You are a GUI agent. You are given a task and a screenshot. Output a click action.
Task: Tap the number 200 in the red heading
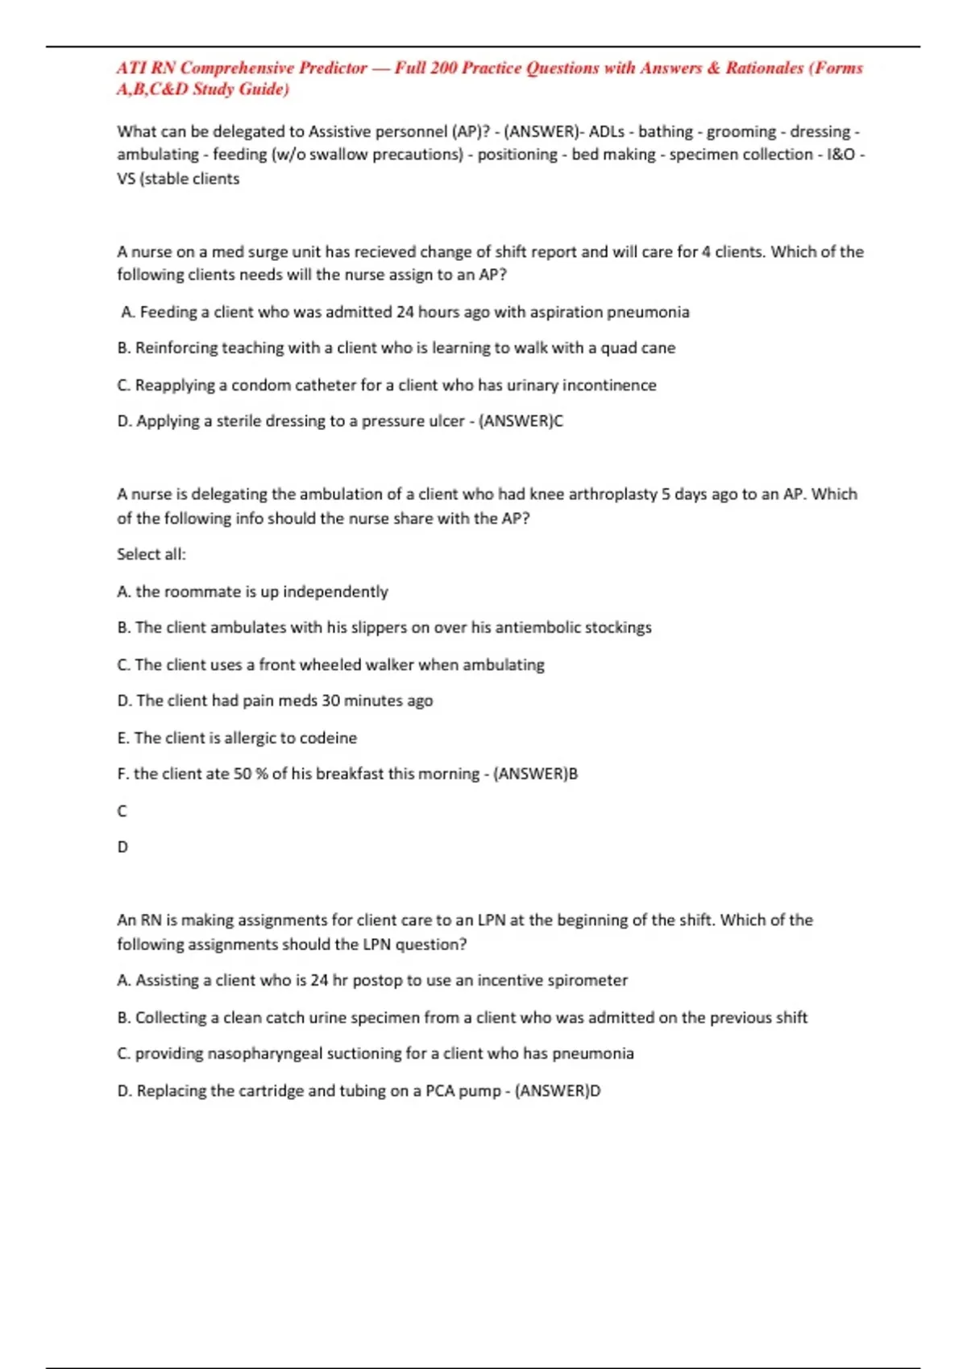443,68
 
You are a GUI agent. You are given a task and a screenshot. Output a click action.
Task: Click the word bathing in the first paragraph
666,131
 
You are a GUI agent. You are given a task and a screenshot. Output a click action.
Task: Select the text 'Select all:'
151,554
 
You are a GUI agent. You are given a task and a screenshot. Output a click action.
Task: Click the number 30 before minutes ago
330,701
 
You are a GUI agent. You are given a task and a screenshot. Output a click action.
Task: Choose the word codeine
328,738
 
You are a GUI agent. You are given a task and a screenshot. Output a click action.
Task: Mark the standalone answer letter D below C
122,847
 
